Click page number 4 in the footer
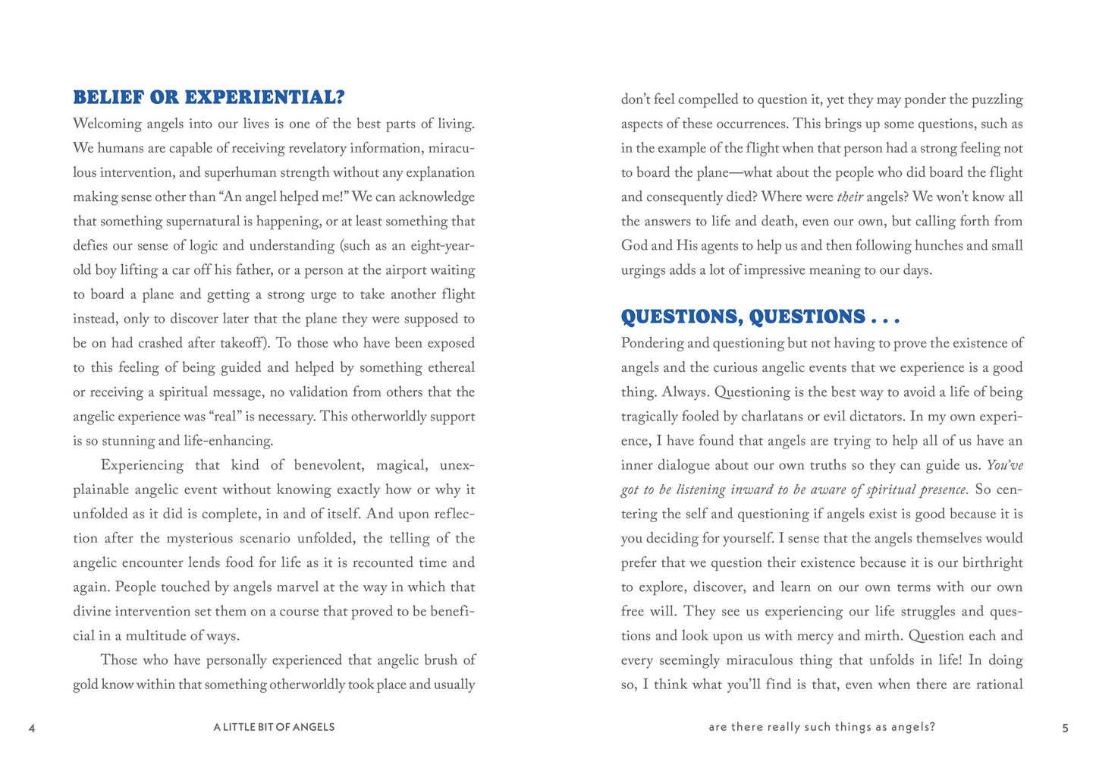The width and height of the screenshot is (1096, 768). coord(32,728)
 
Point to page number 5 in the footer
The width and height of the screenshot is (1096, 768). coord(1065,728)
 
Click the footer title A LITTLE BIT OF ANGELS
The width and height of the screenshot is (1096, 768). coord(274,727)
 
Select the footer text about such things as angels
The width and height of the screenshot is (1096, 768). coord(821,727)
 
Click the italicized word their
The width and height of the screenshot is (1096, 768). coord(849,197)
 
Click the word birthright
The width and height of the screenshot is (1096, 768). coord(992,562)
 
